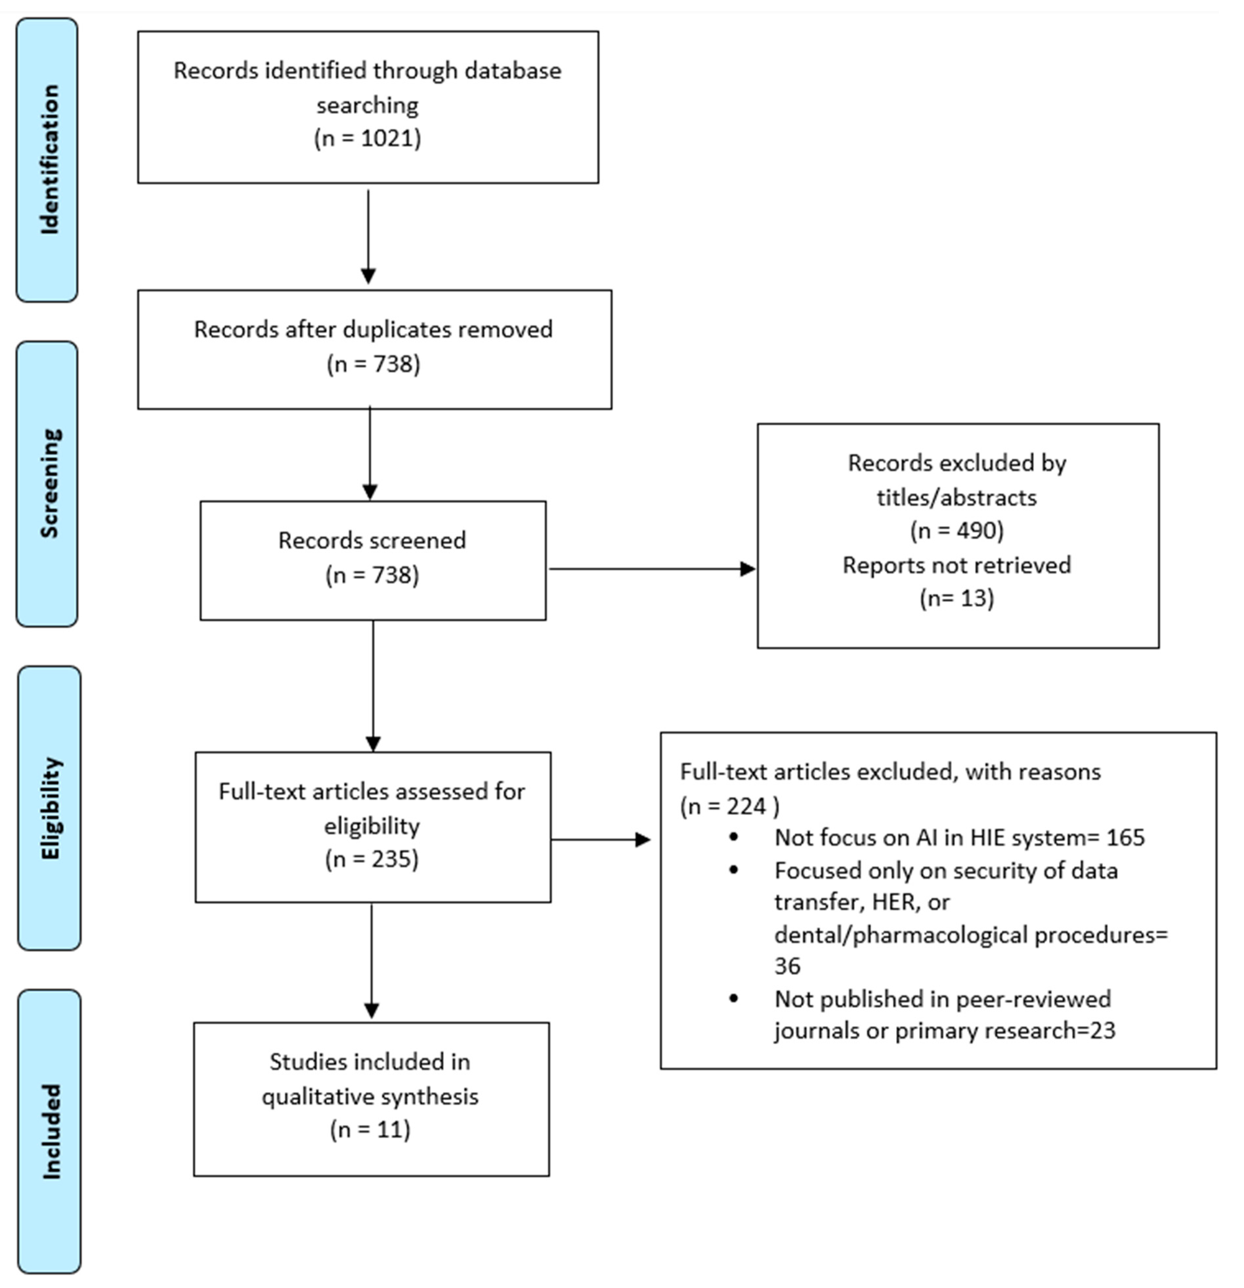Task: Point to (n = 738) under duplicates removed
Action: [373, 364]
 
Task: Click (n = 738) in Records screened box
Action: [372, 575]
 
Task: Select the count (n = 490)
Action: [957, 530]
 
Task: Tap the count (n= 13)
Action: [957, 598]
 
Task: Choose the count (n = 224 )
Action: [729, 806]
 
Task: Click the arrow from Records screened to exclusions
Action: [651, 569]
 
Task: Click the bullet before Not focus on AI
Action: [734, 837]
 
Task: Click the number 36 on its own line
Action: [787, 966]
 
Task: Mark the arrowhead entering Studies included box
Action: [371, 1010]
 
